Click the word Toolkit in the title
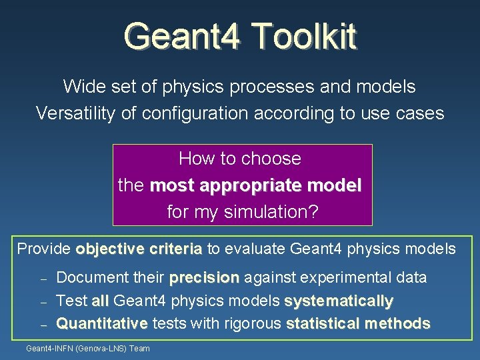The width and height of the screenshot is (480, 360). pyautogui.click(x=305, y=36)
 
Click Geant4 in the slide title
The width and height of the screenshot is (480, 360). pyautogui.click(x=181, y=36)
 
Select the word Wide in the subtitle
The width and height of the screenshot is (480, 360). pyautogui.click(x=84, y=86)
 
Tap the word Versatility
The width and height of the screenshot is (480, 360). pyautogui.click(x=75, y=113)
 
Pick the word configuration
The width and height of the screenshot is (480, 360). pyautogui.click(x=195, y=113)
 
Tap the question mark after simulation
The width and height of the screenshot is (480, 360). pyautogui.click(x=313, y=211)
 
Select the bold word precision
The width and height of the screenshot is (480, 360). pyautogui.click(x=204, y=277)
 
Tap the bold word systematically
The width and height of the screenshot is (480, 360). pyautogui.click(x=339, y=301)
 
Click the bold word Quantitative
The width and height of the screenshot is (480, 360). pyautogui.click(x=102, y=323)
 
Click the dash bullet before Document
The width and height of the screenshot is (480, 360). pyautogui.click(x=43, y=279)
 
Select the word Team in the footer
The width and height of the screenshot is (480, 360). pyautogui.click(x=139, y=349)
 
